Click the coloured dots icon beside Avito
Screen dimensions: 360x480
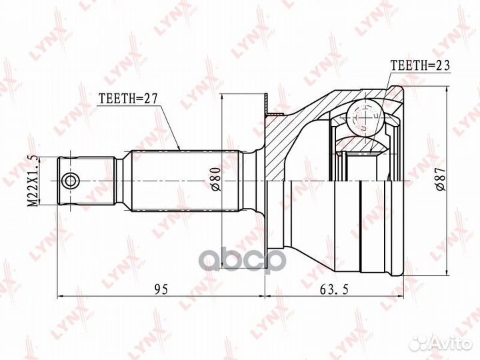[419, 343]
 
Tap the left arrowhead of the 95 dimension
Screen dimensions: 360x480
[62, 295]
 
